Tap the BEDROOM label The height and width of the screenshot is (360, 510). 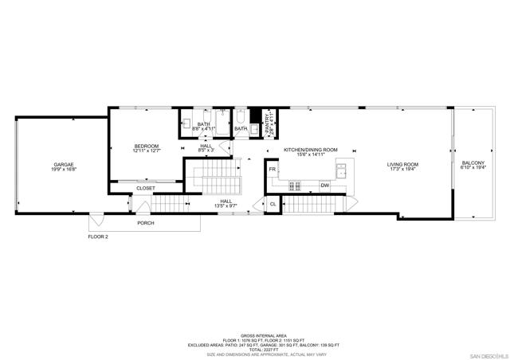pyautogui.click(x=147, y=146)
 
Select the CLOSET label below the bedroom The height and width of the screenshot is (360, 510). pyautogui.click(x=145, y=188)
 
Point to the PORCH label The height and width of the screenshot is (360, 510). pyautogui.click(x=146, y=223)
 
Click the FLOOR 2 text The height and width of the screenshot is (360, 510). pyautogui.click(x=99, y=237)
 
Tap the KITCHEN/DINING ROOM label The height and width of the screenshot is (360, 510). pyautogui.click(x=311, y=150)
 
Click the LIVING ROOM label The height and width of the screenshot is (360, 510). pyautogui.click(x=402, y=164)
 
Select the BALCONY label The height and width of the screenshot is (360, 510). pyautogui.click(x=473, y=163)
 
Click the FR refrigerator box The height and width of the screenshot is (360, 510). pyautogui.click(x=272, y=170)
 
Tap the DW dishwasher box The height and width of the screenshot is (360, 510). pyautogui.click(x=324, y=186)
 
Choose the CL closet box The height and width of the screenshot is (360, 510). pyautogui.click(x=272, y=205)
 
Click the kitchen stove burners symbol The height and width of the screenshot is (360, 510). pyautogui.click(x=295, y=186)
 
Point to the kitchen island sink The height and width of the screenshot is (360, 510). pyautogui.click(x=342, y=169)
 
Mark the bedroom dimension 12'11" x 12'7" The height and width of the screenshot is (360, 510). pyautogui.click(x=147, y=151)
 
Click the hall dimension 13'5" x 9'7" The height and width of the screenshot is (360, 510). pyautogui.click(x=226, y=206)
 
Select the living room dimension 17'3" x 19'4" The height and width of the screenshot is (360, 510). pyautogui.click(x=402, y=169)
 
